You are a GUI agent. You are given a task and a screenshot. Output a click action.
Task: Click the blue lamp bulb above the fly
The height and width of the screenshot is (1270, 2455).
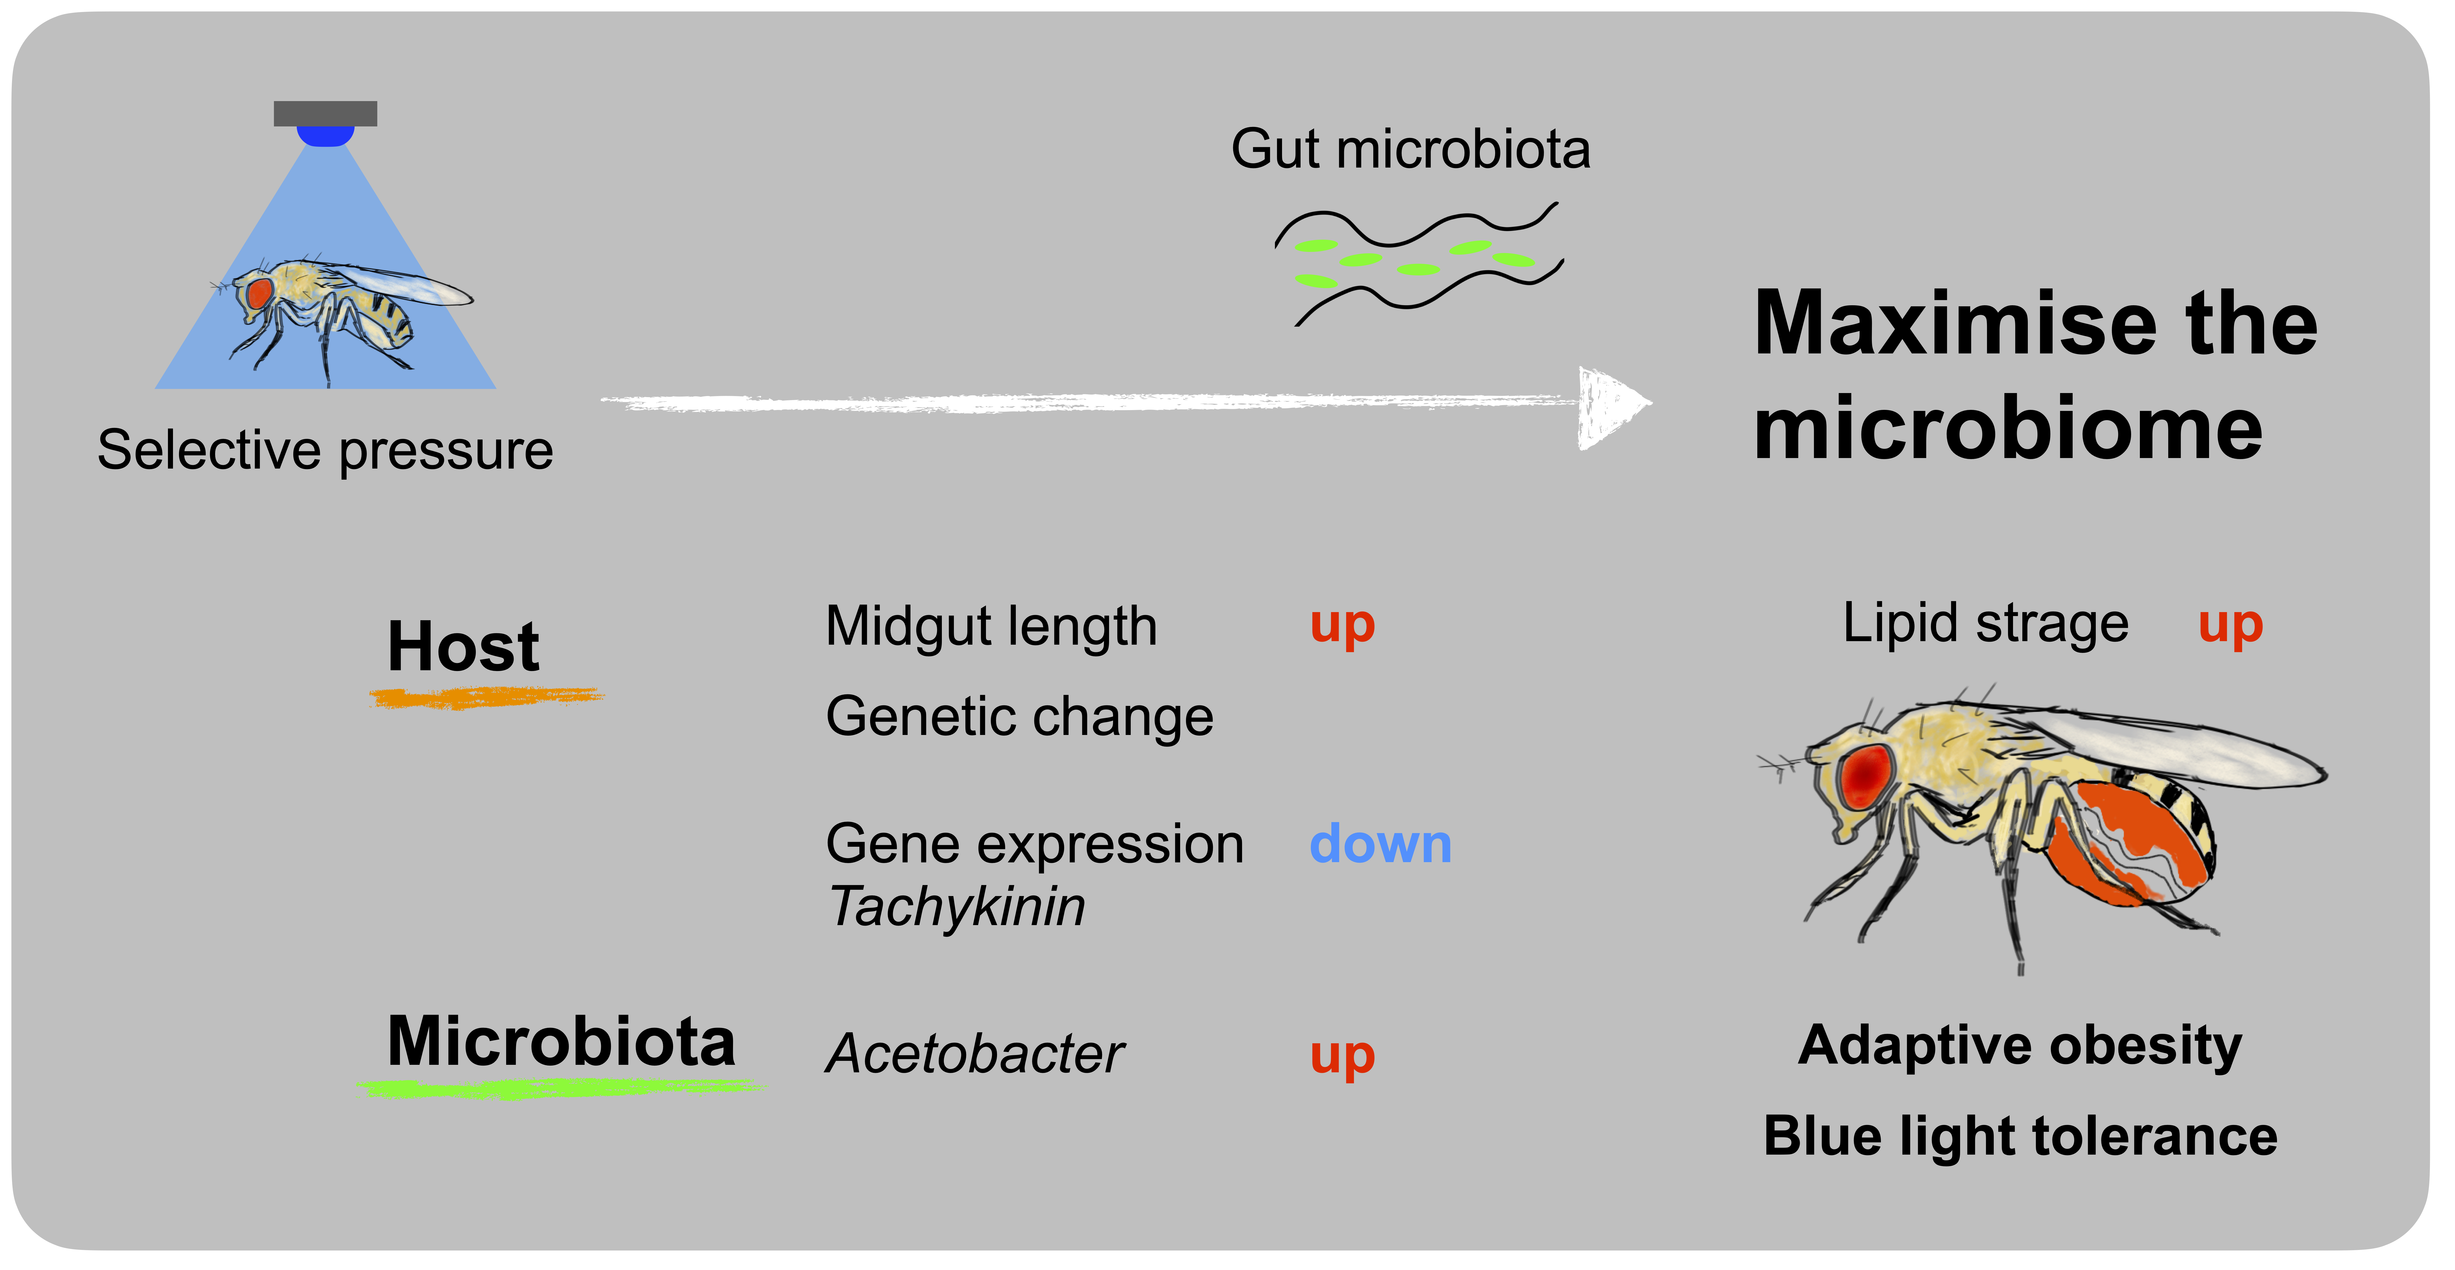325,135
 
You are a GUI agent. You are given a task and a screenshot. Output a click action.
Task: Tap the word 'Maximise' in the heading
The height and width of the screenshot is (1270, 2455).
1954,324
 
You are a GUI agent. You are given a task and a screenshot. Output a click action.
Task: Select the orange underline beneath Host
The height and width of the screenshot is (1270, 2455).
486,699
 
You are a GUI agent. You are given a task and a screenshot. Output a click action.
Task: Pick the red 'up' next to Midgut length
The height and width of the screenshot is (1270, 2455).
1342,626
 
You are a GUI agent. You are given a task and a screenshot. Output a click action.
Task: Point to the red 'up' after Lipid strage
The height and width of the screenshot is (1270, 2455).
2230,626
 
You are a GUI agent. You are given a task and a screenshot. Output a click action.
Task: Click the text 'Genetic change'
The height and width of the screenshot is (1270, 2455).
1019,717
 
